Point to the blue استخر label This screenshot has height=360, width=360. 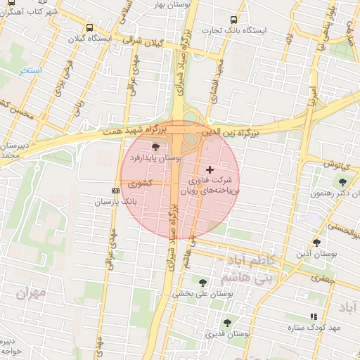coord(32,72)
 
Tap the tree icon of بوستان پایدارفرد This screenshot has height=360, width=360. coord(155,147)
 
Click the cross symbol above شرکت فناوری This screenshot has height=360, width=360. coord(210,169)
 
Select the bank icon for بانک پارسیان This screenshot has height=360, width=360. coord(115,191)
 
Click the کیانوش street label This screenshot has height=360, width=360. coord(336,165)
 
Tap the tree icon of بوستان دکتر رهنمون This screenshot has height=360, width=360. coord(342,183)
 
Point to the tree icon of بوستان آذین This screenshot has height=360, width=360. coord(316,242)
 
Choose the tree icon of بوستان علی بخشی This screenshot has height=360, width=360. coord(202,283)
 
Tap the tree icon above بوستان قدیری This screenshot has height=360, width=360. coord(226,323)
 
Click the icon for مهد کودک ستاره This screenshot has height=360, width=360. coord(314,317)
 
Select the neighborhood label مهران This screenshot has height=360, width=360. coord(31,292)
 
